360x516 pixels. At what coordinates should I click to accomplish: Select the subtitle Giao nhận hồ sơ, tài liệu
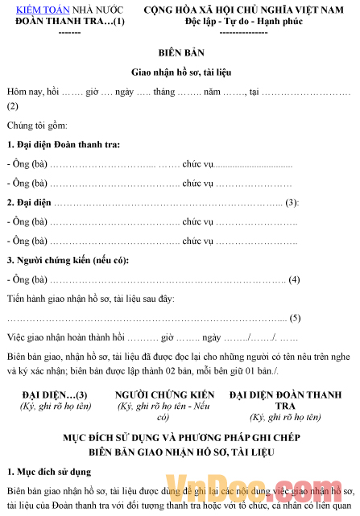(179, 72)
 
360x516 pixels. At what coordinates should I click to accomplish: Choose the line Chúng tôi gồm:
(37, 126)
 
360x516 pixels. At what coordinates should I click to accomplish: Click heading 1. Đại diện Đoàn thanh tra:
(63, 144)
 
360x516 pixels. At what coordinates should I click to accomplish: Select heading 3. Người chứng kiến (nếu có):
(67, 260)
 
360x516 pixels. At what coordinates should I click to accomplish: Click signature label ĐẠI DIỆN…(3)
(55, 394)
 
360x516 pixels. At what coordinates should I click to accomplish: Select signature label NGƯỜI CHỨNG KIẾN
(164, 394)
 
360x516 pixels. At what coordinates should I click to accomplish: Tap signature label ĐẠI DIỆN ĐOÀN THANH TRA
(285, 400)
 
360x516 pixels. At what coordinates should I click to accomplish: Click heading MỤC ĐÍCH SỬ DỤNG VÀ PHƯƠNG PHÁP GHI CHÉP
(178, 438)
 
